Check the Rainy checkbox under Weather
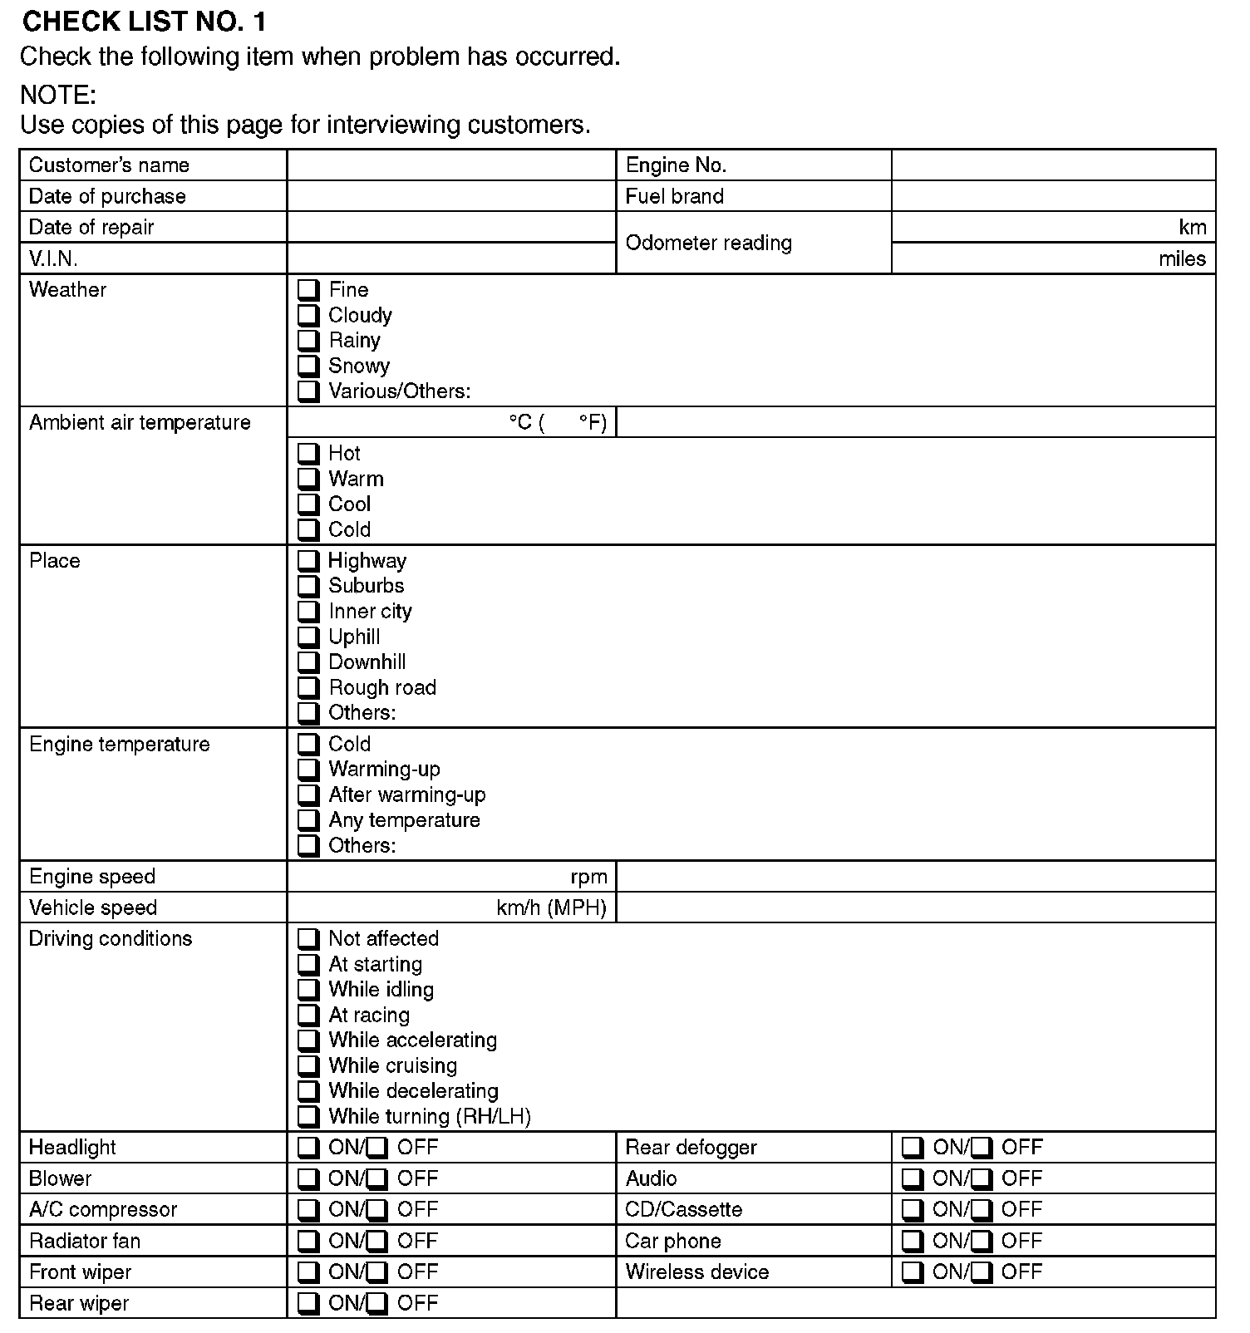308,341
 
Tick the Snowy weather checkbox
308,366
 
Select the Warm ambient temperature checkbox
308,479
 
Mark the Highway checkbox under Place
308,560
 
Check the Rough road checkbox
308,687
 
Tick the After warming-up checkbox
308,794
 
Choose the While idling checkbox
308,989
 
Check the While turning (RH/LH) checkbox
308,1116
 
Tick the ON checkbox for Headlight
308,1148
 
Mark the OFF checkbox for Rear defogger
982,1148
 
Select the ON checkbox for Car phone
913,1241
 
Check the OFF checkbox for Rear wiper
377,1303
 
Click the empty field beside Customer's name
451,165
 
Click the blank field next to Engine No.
1053,165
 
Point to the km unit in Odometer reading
1192,228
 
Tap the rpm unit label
588,877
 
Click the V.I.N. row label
53,258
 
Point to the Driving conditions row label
111,939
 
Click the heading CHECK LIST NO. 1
145,22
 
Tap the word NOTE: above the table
58,95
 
